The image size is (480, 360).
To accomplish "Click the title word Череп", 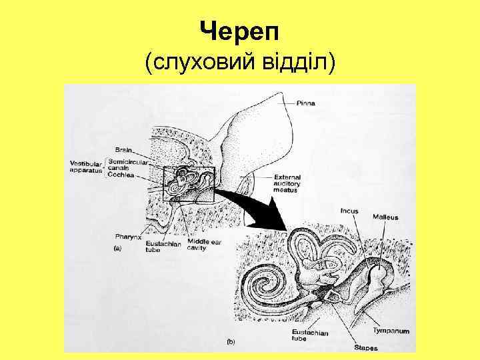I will coord(240,31).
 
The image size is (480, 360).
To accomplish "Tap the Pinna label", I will coord(307,103).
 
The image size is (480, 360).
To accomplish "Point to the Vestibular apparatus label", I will coord(85,166).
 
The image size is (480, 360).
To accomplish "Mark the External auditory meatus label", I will coord(287,183).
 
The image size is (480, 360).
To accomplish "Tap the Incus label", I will coord(349,211).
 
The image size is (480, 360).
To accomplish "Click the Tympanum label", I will coord(391,331).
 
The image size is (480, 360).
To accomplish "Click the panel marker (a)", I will coord(118,248).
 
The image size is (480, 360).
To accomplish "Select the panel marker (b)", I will coord(231,341).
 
